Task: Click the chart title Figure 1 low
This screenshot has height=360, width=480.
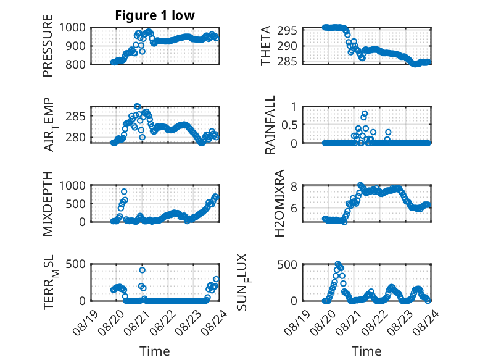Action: [155, 15]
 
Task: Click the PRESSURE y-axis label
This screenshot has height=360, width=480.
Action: [48, 46]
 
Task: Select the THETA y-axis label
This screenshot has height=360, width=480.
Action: [266, 46]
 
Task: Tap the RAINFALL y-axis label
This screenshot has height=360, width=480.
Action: [270, 125]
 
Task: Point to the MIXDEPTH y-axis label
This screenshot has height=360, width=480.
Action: [48, 204]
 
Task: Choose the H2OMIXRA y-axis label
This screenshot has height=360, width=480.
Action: [279, 203]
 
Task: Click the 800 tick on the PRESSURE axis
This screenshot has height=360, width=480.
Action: [75, 64]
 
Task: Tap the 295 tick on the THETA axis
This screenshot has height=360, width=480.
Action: [287, 31]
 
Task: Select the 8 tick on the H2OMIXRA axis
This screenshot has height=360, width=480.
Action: [294, 186]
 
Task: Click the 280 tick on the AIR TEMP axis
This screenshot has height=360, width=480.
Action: [75, 137]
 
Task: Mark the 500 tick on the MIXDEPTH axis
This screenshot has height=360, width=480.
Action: [75, 204]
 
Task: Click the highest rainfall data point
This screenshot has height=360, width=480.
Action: [365, 114]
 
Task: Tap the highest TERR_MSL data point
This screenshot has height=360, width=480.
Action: [142, 270]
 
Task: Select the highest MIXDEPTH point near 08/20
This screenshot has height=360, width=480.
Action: [124, 192]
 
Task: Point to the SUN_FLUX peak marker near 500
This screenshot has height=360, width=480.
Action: [338, 264]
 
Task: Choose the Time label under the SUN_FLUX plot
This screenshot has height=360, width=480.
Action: [366, 351]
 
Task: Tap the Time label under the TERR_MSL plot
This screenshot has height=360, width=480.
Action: [155, 351]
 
